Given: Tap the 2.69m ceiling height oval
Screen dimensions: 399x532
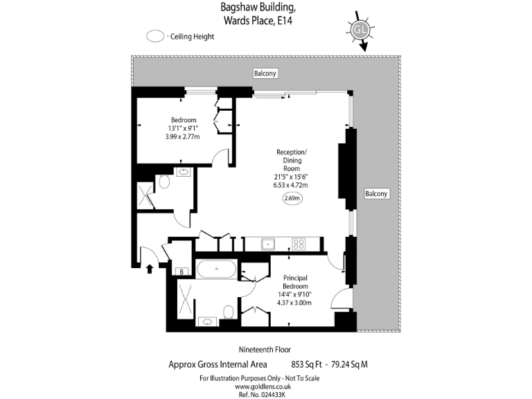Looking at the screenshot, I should point(292,199).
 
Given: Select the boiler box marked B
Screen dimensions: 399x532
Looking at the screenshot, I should point(181,272).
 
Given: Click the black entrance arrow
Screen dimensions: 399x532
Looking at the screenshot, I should point(150,267).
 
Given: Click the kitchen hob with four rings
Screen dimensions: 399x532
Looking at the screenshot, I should point(299,244).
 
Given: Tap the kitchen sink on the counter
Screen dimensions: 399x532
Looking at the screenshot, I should point(267,244).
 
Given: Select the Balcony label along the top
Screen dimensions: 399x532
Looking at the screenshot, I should point(265,73).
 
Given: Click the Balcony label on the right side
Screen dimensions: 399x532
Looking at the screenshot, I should point(376,194).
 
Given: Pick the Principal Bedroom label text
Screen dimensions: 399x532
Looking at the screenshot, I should point(299,282).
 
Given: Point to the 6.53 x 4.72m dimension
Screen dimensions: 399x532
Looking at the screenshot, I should point(291,185).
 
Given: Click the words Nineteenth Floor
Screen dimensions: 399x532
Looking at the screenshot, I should point(265,349).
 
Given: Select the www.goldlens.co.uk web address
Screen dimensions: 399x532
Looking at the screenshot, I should point(265,386).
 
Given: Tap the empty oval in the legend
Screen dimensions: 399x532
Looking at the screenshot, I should point(156,37).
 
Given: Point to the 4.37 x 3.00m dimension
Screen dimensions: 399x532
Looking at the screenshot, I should point(294,303).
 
